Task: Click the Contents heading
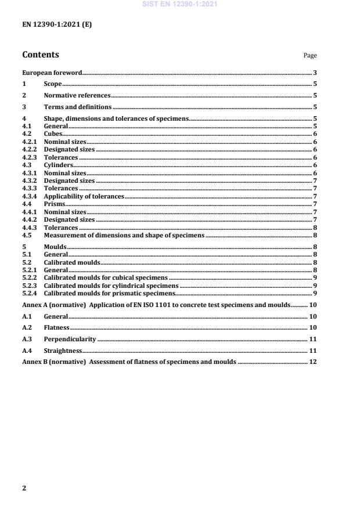[40, 55]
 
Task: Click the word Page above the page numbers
[310, 56]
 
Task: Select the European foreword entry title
[52, 73]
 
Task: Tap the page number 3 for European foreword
[315, 73]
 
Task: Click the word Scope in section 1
[53, 84]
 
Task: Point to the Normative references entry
[77, 95]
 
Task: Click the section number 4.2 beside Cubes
[26, 133]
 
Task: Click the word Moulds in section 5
[55, 247]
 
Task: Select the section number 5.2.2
[28, 278]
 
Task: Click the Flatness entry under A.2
[56, 327]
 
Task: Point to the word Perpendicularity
[70, 339]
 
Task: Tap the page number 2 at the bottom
[24, 488]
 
